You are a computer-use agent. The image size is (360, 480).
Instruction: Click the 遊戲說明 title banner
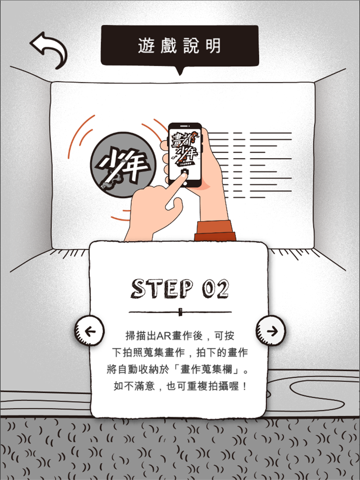pos(180,45)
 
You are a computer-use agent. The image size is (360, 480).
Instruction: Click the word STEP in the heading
pos(163,289)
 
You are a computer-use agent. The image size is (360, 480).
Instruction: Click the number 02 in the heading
pos(215,289)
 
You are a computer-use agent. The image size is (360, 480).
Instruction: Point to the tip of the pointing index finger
pos(183,176)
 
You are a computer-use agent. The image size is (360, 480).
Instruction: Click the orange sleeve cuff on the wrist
pos(215,231)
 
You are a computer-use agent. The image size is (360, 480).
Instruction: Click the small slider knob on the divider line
pos(180,312)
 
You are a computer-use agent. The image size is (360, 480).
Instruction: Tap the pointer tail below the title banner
pos(180,71)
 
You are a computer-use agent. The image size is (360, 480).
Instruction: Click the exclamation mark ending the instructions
pos(244,386)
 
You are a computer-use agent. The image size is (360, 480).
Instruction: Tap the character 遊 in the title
pos(146,46)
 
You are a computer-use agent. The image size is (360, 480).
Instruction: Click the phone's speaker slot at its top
pos(185,126)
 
